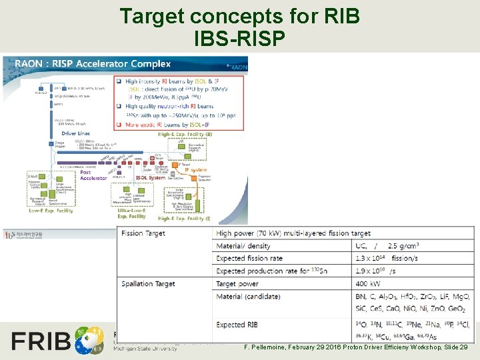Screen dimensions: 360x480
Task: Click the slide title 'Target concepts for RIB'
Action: (x=240, y=16)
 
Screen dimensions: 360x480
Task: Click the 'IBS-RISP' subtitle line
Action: (x=240, y=39)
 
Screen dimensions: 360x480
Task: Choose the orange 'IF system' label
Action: (x=195, y=170)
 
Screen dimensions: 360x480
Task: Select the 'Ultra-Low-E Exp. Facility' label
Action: (x=131, y=213)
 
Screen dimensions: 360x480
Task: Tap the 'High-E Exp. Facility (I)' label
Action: (x=184, y=218)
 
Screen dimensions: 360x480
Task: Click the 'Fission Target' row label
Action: (x=143, y=233)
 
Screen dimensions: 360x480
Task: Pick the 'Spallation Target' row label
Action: (x=148, y=283)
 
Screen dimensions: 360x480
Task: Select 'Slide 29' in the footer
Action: (x=455, y=347)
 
